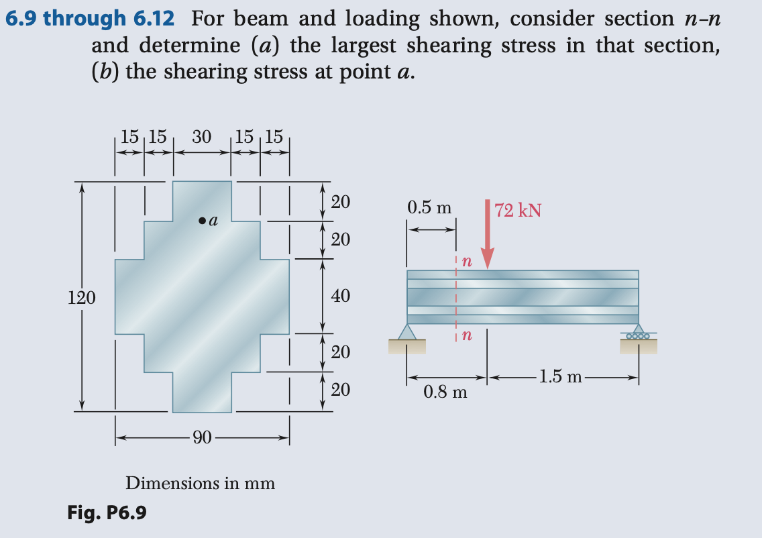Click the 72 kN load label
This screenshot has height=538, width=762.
point(518,211)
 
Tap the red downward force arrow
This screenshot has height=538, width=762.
point(488,235)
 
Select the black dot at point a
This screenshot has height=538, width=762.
point(201,220)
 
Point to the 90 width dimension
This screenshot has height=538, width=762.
point(202,439)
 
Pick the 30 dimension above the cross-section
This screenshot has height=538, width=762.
point(202,137)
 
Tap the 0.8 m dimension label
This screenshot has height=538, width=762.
point(445,391)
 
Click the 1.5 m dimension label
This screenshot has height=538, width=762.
point(561,377)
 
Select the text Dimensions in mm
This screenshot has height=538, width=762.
point(201,483)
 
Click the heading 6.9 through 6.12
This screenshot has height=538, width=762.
point(90,18)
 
